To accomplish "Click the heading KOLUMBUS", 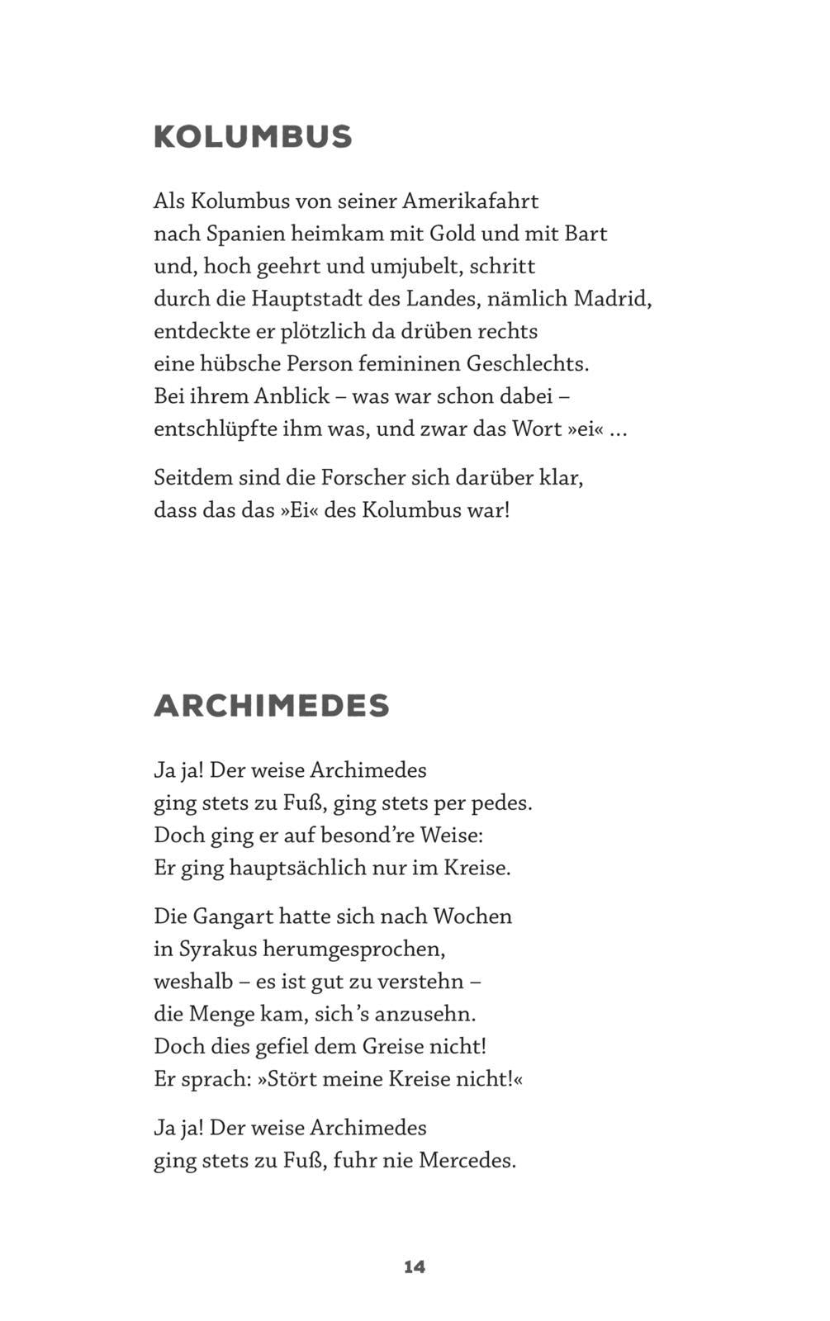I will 253,137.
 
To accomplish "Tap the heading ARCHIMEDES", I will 271,706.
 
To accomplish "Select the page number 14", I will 415,1267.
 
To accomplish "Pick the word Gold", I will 453,234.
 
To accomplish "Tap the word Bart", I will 586,234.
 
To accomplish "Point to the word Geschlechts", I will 527,364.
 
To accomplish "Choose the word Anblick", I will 292,396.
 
